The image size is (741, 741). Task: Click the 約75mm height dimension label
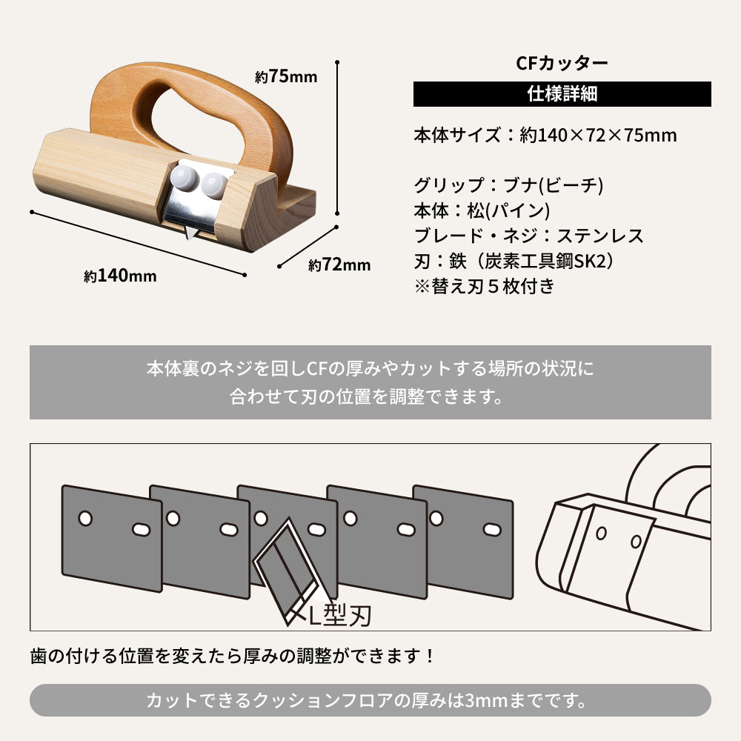(285, 76)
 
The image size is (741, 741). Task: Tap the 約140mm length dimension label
(120, 276)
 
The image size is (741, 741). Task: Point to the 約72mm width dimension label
(339, 264)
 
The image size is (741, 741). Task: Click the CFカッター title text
(562, 63)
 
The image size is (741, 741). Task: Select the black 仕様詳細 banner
(562, 94)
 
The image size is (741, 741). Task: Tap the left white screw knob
(182, 179)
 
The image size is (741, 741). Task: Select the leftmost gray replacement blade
(111, 537)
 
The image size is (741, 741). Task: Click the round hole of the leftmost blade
(85, 517)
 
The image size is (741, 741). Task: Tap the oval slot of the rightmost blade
(491, 530)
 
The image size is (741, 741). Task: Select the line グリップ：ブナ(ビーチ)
(508, 185)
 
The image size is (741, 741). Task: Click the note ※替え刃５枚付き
(483, 286)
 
